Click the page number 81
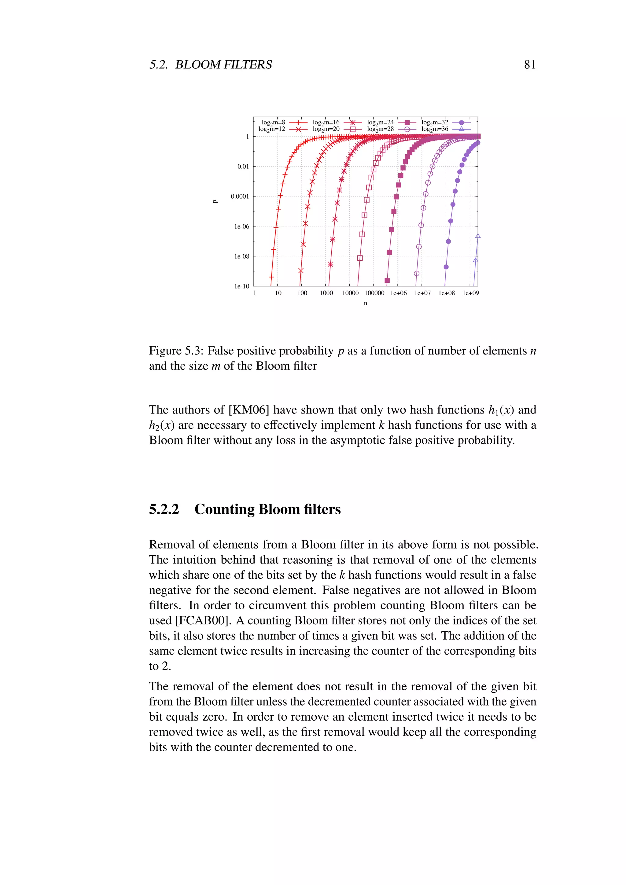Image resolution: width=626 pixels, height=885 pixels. click(530, 64)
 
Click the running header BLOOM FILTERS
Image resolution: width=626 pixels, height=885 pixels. click(223, 64)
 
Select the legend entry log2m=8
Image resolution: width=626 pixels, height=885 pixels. click(273, 123)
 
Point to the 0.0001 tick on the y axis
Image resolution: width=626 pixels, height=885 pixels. click(240, 196)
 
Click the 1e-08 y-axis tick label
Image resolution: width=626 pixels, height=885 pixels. click(242, 256)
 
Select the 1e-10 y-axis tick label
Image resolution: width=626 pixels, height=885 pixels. click(242, 286)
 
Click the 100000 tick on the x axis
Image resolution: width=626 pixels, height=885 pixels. click(374, 293)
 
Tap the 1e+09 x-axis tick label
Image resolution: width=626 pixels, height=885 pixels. click(471, 293)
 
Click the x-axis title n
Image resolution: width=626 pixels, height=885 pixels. click(366, 303)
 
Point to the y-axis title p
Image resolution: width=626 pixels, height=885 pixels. click(215, 201)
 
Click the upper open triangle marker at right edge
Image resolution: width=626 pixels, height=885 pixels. click(478, 236)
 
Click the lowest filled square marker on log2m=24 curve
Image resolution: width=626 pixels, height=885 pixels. click(387, 280)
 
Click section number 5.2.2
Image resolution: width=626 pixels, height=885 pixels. click(164, 509)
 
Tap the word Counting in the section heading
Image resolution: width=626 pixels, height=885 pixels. click(224, 509)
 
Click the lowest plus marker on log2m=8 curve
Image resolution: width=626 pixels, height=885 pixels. click(271, 277)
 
